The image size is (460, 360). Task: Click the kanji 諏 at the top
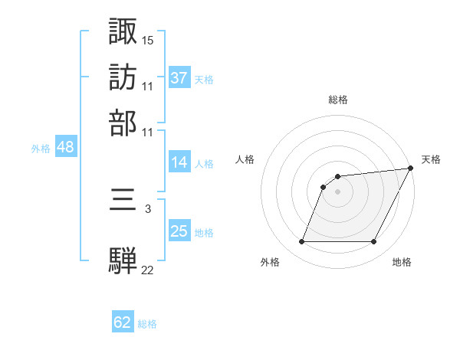coord(123,31)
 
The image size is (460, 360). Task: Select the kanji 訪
coord(123,77)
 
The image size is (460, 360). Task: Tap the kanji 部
coord(123,123)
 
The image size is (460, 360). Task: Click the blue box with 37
coord(179,77)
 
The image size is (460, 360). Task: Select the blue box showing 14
coord(179,162)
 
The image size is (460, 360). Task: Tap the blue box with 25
coord(179,231)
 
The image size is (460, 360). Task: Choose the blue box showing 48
coord(65,148)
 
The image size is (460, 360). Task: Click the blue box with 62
coord(123,322)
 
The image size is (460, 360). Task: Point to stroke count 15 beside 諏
coord(148,39)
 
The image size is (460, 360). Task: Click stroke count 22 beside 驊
coord(148,269)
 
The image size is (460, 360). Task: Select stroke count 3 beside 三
coord(148,207)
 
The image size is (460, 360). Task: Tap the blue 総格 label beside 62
coord(147,323)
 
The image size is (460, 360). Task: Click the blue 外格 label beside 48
coord(41,149)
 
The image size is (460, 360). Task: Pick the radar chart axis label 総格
coord(338,100)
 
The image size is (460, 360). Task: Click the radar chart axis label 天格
coord(431,159)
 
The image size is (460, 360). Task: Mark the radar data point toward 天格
coord(411,169)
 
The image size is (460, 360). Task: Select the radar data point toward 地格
coord(374,242)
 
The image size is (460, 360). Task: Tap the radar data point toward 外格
coord(301,242)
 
